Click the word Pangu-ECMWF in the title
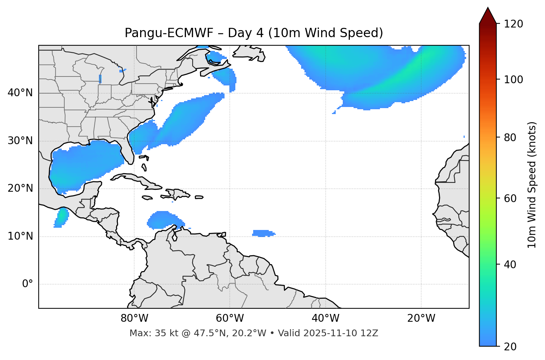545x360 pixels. coord(169,33)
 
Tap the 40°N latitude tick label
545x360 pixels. coord(20,93)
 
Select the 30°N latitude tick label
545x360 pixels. coord(20,141)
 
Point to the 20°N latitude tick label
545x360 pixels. coord(20,188)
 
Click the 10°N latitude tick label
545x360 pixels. coord(20,236)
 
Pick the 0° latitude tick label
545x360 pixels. coord(28,284)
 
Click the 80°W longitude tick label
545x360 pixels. coord(134,318)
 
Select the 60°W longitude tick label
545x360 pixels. coord(230,318)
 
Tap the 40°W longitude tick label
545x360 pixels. coord(325,318)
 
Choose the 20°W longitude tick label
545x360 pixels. coord(421,318)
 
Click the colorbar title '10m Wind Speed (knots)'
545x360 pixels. coord(532,185)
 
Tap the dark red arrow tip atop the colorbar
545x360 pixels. coord(488,15)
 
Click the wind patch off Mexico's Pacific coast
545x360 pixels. coord(61,218)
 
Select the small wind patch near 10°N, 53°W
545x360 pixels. coord(263,233)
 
